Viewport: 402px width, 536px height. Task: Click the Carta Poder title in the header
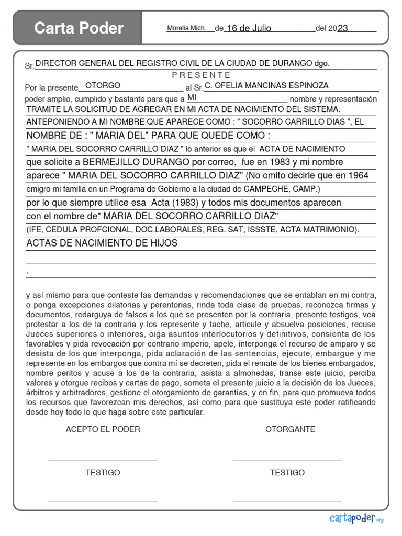pos(79,28)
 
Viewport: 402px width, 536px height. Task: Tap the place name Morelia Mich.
pos(186,28)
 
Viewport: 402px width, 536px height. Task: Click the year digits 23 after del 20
pos(343,28)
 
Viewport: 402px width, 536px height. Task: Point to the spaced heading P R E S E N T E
pos(201,75)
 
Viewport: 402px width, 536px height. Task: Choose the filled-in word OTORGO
pos(103,85)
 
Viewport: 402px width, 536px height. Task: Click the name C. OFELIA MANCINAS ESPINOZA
pos(266,85)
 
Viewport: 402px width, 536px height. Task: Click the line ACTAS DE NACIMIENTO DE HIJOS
pos(102,243)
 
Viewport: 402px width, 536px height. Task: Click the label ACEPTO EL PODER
pos(103,429)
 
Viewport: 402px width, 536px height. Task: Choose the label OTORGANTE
pos(290,429)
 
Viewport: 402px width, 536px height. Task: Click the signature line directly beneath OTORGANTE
pos(287,459)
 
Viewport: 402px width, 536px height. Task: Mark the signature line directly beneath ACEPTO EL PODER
pos(103,459)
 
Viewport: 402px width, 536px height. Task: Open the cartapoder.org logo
pos(356,518)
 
